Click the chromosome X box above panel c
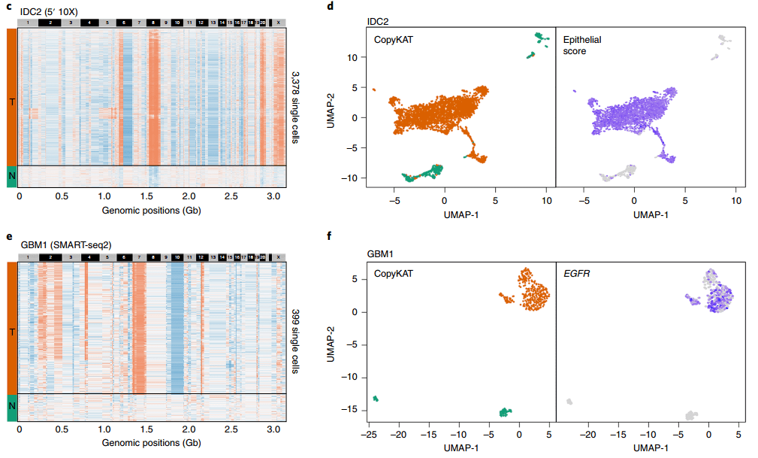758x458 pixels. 279,23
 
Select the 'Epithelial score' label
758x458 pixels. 584,44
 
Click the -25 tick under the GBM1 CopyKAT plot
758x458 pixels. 369,434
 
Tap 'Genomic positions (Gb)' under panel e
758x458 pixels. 150,444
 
